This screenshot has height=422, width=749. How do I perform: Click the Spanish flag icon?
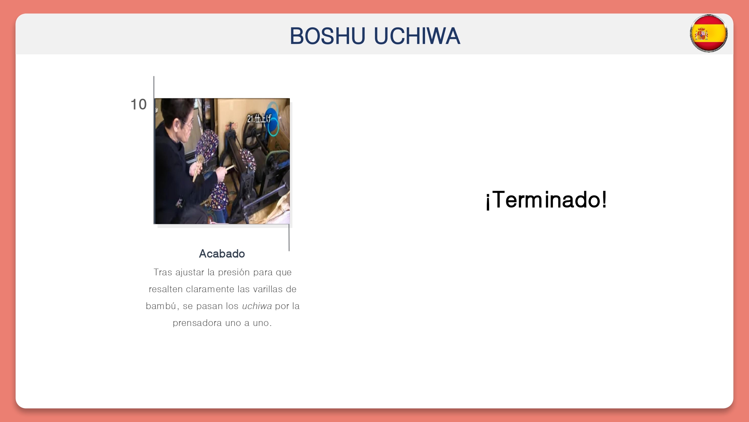pos(709,33)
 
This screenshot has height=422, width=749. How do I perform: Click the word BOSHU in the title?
pos(327,36)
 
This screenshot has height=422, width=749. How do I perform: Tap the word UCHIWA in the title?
pos(417,36)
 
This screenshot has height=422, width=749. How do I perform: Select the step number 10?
pos(138,104)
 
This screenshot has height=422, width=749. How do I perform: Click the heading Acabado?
pos(222,254)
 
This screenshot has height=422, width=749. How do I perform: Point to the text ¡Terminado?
pos(546,200)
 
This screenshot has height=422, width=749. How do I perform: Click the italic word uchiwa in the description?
pos(257,306)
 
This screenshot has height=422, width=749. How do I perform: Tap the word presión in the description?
pos(234,272)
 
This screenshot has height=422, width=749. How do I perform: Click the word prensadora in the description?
pos(197,323)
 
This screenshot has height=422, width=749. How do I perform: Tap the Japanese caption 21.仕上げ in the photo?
pos(259,119)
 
